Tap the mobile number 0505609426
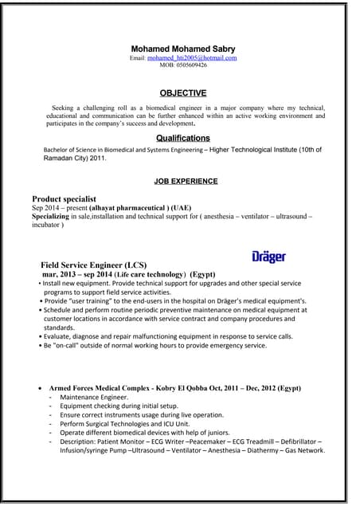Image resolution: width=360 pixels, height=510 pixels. tap(183, 65)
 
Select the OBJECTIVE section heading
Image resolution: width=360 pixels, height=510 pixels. tap(183, 92)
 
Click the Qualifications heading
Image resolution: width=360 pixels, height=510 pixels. tap(183, 138)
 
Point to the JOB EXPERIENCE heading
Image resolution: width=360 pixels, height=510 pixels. tap(186, 181)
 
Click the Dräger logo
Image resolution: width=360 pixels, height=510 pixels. tap(268, 257)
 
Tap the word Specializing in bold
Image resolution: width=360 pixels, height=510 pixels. tap(55, 216)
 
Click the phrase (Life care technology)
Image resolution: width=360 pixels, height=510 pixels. tap(139, 273)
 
